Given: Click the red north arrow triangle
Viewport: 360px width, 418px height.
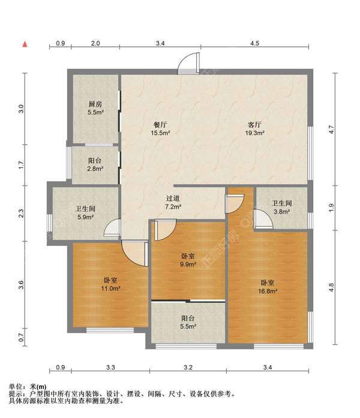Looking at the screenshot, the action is tap(25, 44).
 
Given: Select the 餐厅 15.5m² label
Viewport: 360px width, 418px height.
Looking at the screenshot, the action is tap(161, 129).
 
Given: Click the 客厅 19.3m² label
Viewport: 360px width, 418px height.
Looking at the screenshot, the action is tap(254, 129).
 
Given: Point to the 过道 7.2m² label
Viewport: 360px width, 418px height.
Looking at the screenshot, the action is tap(173, 202).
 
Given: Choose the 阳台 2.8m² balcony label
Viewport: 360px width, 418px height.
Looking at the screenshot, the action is tap(95, 164).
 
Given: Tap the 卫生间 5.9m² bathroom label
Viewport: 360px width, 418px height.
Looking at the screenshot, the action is tap(85, 213).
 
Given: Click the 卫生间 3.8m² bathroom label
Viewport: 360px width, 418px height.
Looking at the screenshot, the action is tap(282, 208).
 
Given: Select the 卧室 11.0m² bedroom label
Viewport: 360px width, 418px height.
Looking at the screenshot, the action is tap(110, 284).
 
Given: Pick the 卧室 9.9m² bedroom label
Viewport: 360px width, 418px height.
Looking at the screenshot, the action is tap(188, 260).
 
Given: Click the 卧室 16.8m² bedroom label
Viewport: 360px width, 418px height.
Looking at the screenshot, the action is tap(268, 287).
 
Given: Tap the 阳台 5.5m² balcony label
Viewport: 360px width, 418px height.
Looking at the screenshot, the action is tap(188, 322).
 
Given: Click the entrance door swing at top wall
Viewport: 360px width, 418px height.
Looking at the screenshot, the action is tap(188, 63).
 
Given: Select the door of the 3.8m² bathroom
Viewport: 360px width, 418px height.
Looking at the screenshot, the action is tap(263, 219).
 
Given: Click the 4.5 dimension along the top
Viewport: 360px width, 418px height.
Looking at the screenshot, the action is tap(254, 43).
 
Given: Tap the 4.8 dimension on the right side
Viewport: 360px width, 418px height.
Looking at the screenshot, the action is tap(331, 287).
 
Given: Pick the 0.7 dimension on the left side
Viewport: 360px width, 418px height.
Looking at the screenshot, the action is tap(22, 338).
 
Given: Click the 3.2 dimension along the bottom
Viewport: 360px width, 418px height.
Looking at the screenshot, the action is tap(188, 368).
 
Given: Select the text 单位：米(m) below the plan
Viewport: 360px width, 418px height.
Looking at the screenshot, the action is tap(28, 387).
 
